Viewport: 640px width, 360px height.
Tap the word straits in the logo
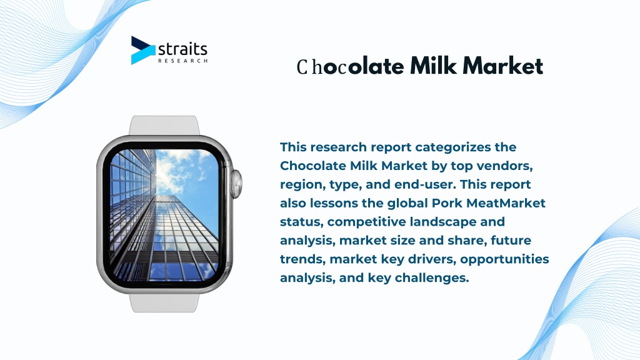point(182,49)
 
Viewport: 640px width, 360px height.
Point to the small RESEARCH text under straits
point(183,61)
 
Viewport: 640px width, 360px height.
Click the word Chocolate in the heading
point(350,66)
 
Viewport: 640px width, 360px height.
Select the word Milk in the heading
point(433,65)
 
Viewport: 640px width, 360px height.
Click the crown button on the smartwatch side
point(236,183)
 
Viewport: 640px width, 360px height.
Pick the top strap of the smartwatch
point(164,125)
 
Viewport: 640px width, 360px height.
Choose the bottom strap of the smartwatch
point(164,302)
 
